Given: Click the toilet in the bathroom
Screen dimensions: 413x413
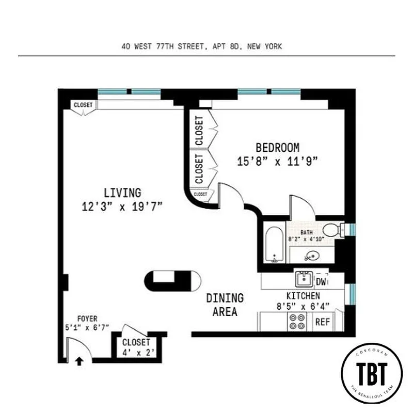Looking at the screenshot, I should (336, 229).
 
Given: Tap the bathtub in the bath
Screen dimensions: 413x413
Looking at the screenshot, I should (274, 243).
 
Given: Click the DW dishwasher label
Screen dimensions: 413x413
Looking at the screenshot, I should (321, 282).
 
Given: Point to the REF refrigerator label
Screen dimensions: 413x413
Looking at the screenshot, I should (322, 321).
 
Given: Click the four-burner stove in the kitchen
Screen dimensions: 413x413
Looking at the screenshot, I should (298, 322).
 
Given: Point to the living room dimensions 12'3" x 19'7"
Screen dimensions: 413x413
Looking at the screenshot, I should (122, 207).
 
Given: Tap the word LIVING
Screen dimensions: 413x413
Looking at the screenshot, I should (122, 193).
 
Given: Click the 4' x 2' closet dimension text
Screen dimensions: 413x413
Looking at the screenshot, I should (136, 353).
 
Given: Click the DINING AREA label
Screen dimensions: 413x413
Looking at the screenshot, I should (225, 305).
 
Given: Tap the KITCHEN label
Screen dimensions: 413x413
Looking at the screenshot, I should (303, 296).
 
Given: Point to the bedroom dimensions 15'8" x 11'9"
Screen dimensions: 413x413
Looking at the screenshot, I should (277, 162).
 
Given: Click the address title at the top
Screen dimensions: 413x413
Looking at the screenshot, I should (202, 46).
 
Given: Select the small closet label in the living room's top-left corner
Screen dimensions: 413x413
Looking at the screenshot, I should (83, 105).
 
